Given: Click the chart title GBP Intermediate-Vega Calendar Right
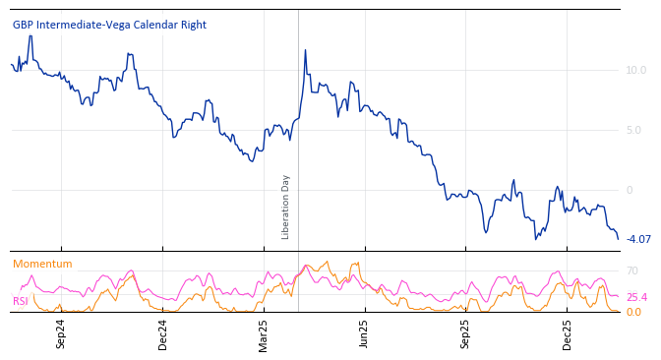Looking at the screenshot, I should pyautogui.click(x=109, y=25).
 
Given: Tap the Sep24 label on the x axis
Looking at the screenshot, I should pyautogui.click(x=61, y=333).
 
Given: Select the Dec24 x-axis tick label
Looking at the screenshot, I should pyautogui.click(x=162, y=333).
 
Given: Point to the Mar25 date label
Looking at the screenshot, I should pyautogui.click(x=264, y=333).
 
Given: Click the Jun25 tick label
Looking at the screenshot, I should pyautogui.click(x=364, y=333).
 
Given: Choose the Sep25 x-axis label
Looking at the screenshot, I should pyautogui.click(x=465, y=333).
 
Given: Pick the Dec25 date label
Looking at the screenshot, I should pyautogui.click(x=567, y=333).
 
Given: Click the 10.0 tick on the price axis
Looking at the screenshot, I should pyautogui.click(x=635, y=70).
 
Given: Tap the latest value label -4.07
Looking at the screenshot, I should pyautogui.click(x=638, y=239).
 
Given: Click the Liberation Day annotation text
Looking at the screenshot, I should pyautogui.click(x=286, y=207).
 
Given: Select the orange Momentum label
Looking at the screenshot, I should pyautogui.click(x=42, y=264).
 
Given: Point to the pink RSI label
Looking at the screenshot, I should pyautogui.click(x=20, y=301).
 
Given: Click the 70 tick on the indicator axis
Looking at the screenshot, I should pyautogui.click(x=632, y=270).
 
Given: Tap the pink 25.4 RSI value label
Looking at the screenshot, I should pyautogui.click(x=636, y=297).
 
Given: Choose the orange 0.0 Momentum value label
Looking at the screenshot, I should pyautogui.click(x=634, y=312).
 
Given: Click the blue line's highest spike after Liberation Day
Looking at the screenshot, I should pyautogui.click(x=305, y=49).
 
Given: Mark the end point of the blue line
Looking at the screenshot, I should pyautogui.click(x=619, y=239).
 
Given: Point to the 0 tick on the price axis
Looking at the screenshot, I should pyautogui.click(x=630, y=190).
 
